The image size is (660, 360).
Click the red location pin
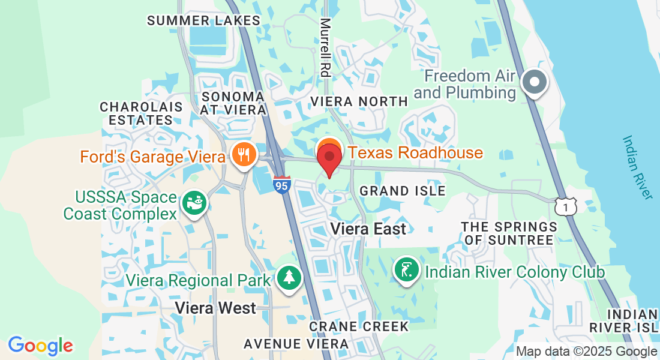coord(329,157)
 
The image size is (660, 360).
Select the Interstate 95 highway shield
coord(281,184)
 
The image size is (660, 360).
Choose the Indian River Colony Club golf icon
coord(407,271)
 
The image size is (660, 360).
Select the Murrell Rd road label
coord(325,48)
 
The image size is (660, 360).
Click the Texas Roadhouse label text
coord(415,152)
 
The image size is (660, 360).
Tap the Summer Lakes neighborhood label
coord(204,20)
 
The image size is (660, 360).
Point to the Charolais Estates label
coord(142,113)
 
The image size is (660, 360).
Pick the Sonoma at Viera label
coord(234,103)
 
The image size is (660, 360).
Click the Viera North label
coord(359,101)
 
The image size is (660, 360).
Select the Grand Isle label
coord(402,191)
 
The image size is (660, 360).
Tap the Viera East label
coord(368,229)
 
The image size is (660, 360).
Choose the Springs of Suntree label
coord(509,233)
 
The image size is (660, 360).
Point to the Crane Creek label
coord(359,326)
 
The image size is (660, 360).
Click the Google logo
coord(40,346)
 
